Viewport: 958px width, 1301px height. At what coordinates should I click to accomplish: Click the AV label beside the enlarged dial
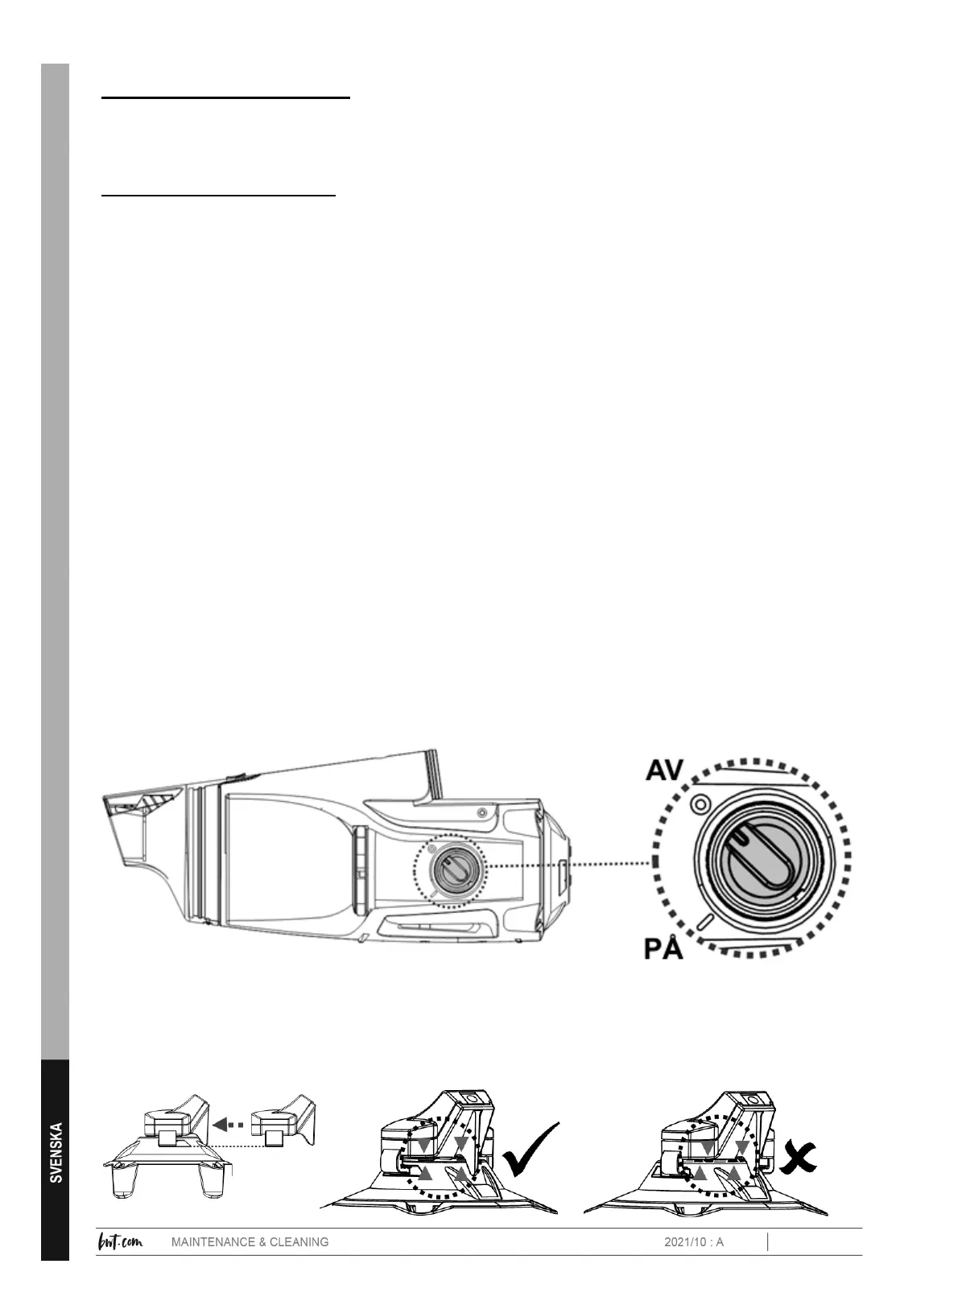coord(664,770)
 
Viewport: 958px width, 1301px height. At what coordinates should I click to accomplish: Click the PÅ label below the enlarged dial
coord(663,948)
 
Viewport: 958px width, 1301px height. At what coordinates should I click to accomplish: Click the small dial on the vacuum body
coord(447,868)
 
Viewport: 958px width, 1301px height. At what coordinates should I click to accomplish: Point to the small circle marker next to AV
coord(700,803)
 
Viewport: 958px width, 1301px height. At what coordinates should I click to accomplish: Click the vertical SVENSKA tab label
coord(56,1152)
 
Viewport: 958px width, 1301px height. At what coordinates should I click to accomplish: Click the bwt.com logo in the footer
coord(120,1241)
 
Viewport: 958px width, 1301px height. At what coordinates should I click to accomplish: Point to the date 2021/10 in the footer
coord(683,1242)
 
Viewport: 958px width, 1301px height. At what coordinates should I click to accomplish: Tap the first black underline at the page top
coord(225,97)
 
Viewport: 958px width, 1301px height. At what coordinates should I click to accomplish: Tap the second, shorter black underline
coord(217,195)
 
